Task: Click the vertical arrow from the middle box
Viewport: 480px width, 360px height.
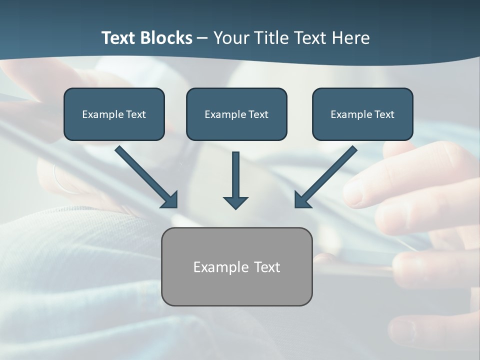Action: click(x=235, y=175)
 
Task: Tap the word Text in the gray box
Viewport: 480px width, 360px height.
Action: click(x=267, y=267)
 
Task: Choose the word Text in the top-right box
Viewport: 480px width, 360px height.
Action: click(x=383, y=114)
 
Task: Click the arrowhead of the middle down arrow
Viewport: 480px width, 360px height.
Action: click(x=235, y=202)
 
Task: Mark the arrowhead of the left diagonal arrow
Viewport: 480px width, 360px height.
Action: click(x=170, y=200)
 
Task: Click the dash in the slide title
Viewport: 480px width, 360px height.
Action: click(x=202, y=38)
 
